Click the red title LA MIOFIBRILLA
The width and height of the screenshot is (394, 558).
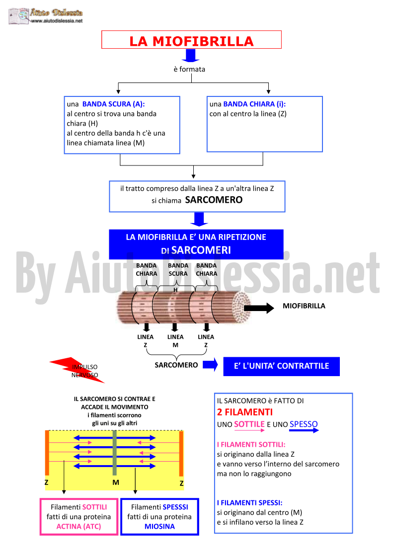191,41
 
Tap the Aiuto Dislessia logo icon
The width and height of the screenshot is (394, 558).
19,16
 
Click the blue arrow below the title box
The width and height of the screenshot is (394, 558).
191,56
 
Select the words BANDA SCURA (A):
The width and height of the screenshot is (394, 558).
114,104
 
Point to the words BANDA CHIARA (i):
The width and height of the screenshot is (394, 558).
254,104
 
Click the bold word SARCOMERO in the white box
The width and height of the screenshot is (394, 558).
214,200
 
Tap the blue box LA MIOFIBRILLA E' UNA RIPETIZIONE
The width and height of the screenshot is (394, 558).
196,244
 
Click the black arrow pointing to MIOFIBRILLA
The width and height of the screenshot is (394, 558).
259,308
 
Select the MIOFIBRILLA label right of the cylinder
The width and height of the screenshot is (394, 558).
304,306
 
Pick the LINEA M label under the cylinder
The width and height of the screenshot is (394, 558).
175,341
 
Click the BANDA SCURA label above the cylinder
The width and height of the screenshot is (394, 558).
178,269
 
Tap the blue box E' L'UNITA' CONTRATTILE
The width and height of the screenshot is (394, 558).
282,366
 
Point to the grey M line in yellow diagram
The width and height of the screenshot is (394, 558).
115,453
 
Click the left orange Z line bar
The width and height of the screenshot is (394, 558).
47,453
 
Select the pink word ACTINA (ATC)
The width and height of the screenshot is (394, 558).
79,526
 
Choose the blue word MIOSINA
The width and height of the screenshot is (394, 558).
159,526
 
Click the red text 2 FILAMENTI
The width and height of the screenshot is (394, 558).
245,412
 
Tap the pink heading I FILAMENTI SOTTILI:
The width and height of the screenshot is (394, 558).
251,445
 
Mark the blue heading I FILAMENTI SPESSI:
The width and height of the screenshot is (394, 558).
250,503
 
